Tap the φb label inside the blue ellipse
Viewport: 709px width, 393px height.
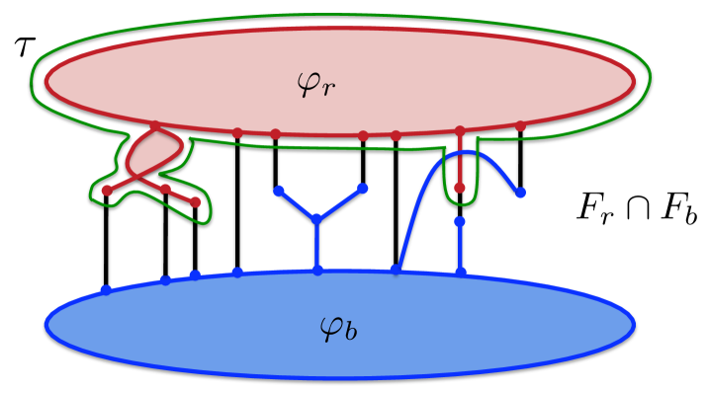tap(339, 326)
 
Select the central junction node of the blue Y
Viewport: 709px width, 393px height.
tap(316, 219)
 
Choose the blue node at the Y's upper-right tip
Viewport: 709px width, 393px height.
tap(363, 188)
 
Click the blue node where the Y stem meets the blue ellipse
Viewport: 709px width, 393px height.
tap(316, 270)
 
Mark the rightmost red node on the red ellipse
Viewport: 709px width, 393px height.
tap(520, 126)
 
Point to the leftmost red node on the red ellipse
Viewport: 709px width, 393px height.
tap(155, 126)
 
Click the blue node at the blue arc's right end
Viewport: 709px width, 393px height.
tap(520, 192)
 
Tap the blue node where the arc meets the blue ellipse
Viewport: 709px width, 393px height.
tap(397, 269)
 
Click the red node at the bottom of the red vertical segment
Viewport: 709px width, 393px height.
tap(459, 187)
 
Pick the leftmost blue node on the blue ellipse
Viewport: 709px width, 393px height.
tap(106, 289)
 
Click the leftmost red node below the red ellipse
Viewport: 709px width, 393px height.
tap(107, 192)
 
